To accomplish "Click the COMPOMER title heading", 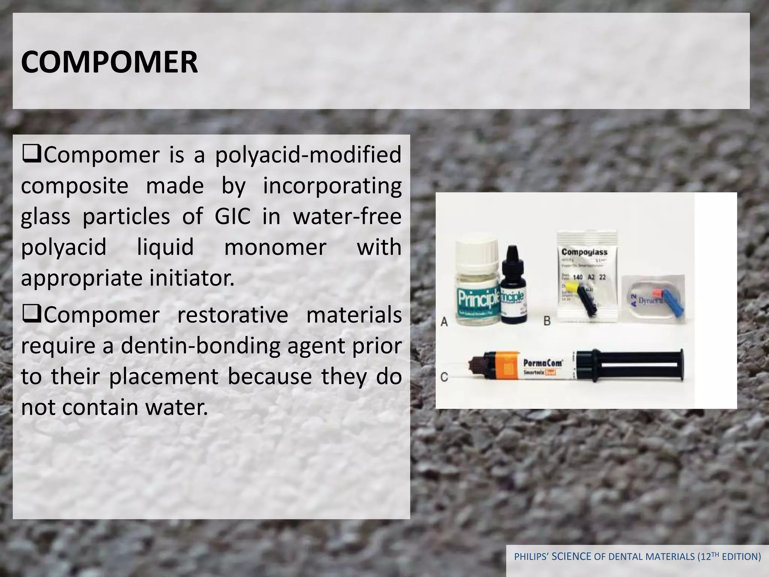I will [x=109, y=62].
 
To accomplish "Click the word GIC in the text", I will [x=232, y=217].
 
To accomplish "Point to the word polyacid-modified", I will [x=308, y=155].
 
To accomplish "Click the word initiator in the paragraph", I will [x=192, y=278].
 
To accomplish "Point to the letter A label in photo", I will [x=444, y=322].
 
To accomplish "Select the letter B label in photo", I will [x=547, y=322].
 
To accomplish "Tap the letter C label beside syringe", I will [x=444, y=377].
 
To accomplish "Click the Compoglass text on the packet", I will [x=584, y=252].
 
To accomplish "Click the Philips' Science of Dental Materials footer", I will [x=637, y=556].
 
